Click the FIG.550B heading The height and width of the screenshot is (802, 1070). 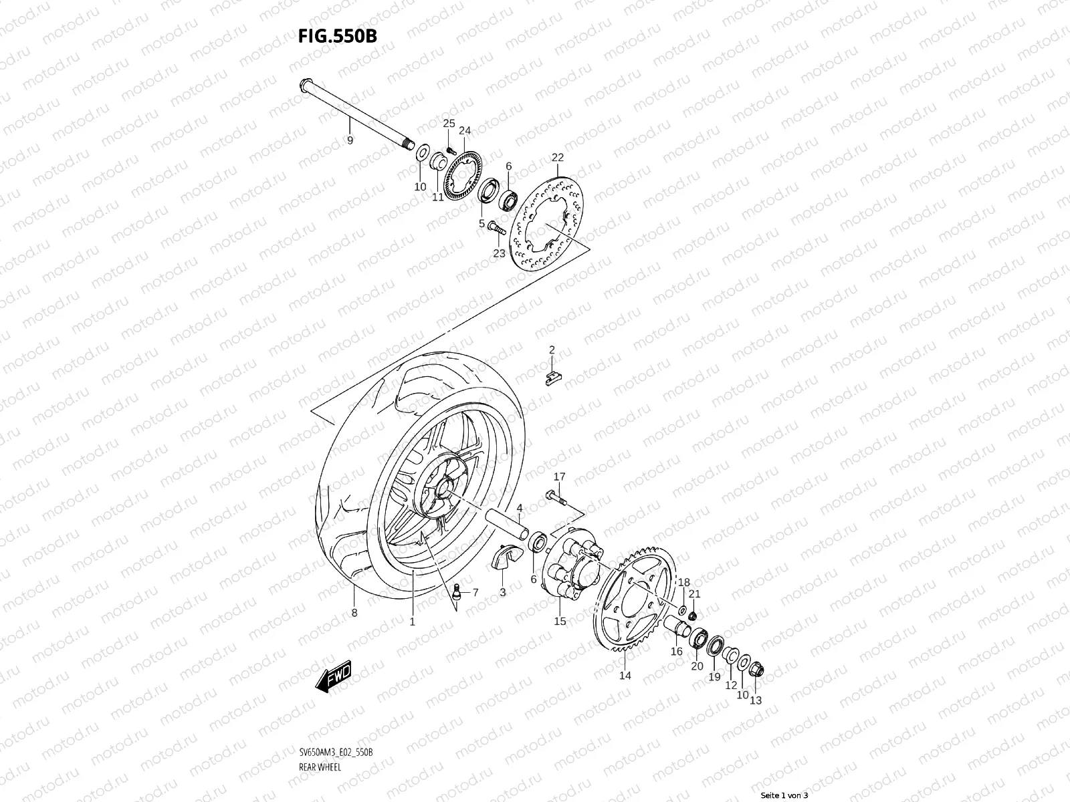(337, 35)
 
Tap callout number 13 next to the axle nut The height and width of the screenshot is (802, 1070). (756, 700)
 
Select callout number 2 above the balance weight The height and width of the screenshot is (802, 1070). (552, 350)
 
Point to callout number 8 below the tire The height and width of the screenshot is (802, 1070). (354, 613)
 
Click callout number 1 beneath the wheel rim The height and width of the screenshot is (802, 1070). (412, 622)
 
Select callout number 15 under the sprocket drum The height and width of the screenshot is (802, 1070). (560, 622)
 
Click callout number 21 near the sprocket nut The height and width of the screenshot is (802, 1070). (695, 594)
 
